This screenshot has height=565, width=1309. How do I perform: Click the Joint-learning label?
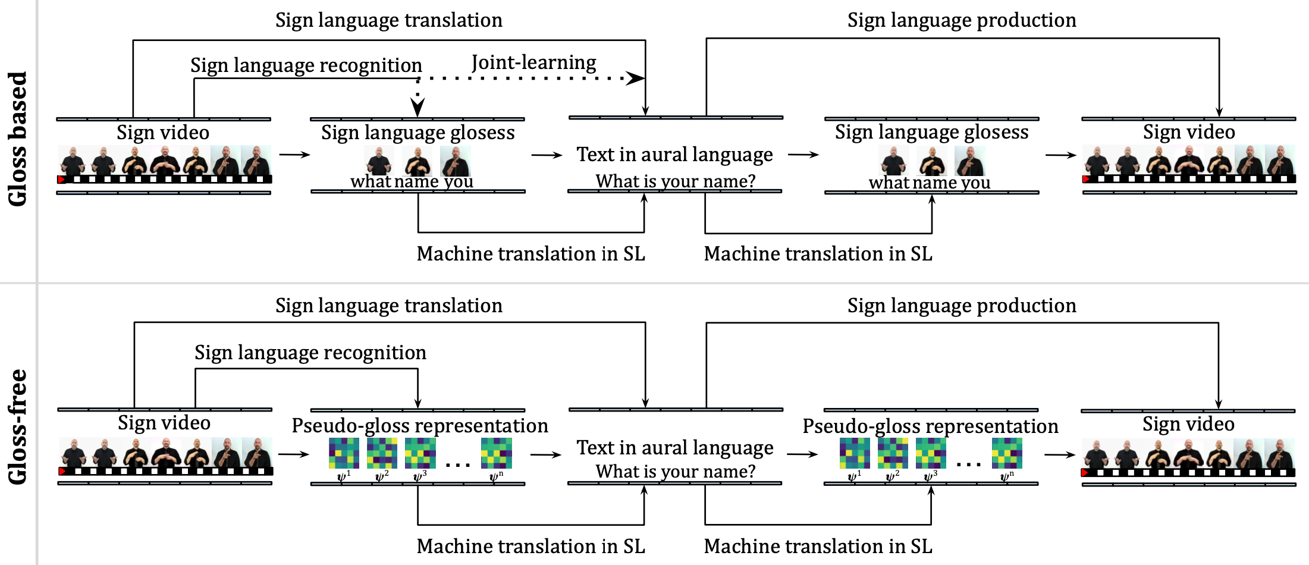tap(533, 62)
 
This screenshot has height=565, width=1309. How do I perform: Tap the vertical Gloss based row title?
tap(18, 139)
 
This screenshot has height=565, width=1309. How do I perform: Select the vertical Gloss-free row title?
tap(18, 426)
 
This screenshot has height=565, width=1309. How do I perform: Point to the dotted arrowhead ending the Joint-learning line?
tap(636, 78)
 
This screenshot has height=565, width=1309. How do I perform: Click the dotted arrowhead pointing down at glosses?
tap(418, 107)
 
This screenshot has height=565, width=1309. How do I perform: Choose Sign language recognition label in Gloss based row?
tap(306, 65)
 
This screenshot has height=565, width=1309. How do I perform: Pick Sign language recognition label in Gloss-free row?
tap(310, 353)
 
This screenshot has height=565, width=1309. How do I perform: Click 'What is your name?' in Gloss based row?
tap(676, 181)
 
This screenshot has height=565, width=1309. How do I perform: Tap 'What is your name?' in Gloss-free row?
tap(676, 471)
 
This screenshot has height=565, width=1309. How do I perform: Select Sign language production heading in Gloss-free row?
tap(962, 306)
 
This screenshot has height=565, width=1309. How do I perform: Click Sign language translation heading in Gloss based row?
tap(388, 20)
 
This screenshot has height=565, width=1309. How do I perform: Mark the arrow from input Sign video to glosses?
tap(295, 155)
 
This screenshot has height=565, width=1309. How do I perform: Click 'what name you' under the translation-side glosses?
tap(412, 181)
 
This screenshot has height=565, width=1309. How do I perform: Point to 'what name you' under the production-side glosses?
tap(929, 182)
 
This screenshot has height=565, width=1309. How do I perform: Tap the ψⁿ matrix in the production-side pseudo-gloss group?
tap(1007, 453)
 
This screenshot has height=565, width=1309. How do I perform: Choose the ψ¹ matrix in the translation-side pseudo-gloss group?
tap(344, 453)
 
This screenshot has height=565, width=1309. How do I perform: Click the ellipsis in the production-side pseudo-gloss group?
tap(969, 464)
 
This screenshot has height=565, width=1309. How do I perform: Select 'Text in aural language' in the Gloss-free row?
tap(675, 447)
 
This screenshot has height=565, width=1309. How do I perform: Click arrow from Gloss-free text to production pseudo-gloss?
tap(803, 454)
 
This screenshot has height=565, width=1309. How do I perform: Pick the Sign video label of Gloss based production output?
tap(1189, 132)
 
